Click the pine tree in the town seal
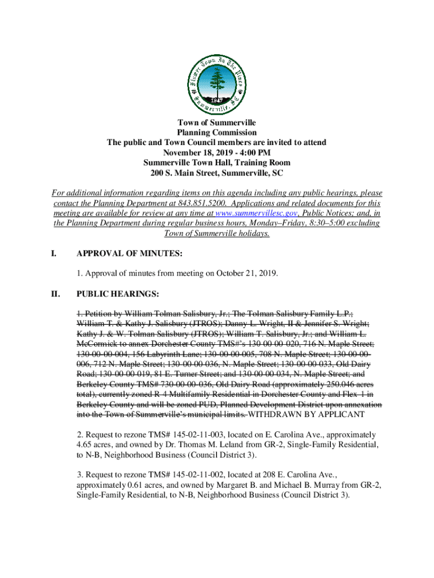(x=216, y=75)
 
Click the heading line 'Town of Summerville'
(x=217, y=122)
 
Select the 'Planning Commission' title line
(x=217, y=133)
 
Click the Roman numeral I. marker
(x=54, y=255)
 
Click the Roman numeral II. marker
(x=56, y=294)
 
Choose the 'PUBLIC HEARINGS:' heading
(x=118, y=294)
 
